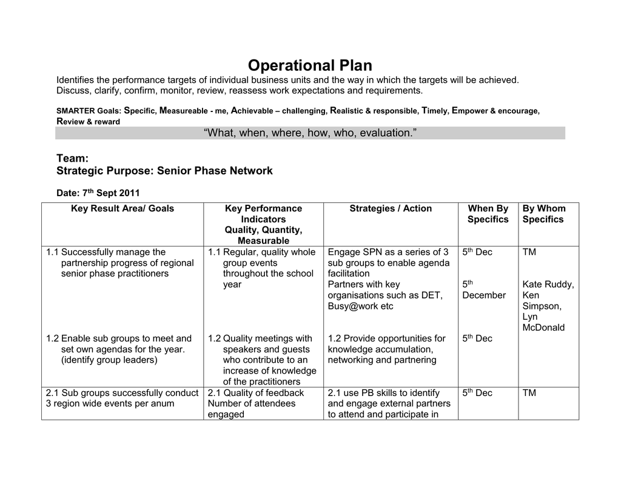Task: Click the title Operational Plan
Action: (x=310, y=65)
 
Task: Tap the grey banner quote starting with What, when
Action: (x=310, y=133)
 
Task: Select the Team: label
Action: (x=73, y=159)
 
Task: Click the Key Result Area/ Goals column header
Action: (x=123, y=209)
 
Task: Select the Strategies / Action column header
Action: (x=391, y=209)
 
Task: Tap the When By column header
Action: (x=488, y=209)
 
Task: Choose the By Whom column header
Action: (x=544, y=209)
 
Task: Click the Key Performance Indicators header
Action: (x=263, y=214)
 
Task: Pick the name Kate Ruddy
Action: (x=548, y=285)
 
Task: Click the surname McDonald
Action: (x=543, y=328)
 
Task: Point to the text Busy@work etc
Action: (x=360, y=306)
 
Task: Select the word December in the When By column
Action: (x=483, y=296)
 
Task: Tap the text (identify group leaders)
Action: (x=109, y=360)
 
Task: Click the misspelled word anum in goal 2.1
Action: (x=163, y=404)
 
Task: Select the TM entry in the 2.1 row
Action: (x=529, y=393)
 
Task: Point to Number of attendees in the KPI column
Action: (x=251, y=404)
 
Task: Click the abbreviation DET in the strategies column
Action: (x=432, y=296)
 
